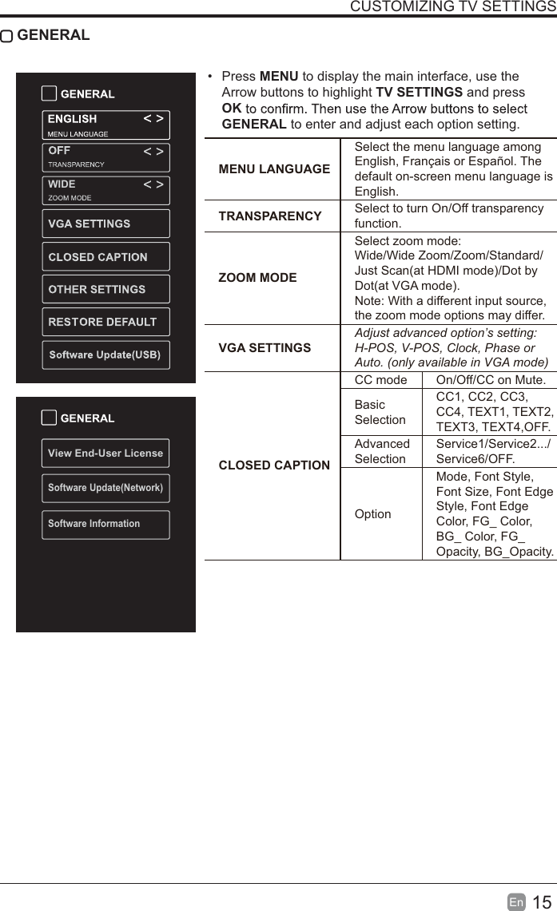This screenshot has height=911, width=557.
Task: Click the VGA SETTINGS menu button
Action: pos(105,224)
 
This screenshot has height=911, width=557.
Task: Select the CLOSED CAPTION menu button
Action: pos(105,257)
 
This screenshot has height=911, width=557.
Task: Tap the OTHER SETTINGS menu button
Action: pos(105,289)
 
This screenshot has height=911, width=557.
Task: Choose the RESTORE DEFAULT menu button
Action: pos(105,322)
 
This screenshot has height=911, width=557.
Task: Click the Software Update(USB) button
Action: pos(105,354)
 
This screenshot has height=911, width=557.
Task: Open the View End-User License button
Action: pos(105,453)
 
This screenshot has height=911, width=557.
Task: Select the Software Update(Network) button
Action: pos(105,488)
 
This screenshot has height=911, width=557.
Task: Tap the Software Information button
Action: pos(105,524)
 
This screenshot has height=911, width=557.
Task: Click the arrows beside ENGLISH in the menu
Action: pos(153,119)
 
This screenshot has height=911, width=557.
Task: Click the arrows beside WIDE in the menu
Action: pos(153,184)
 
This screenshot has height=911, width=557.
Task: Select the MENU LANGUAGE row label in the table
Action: pos(274,169)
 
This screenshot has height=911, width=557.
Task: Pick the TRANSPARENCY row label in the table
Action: pos(270,216)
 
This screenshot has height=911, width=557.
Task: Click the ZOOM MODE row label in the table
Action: pos(257,278)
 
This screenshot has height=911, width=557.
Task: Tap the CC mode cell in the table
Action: pos(380,380)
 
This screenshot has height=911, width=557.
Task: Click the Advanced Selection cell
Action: pos(381,451)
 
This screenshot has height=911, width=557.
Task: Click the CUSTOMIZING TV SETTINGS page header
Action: pos(453,7)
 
